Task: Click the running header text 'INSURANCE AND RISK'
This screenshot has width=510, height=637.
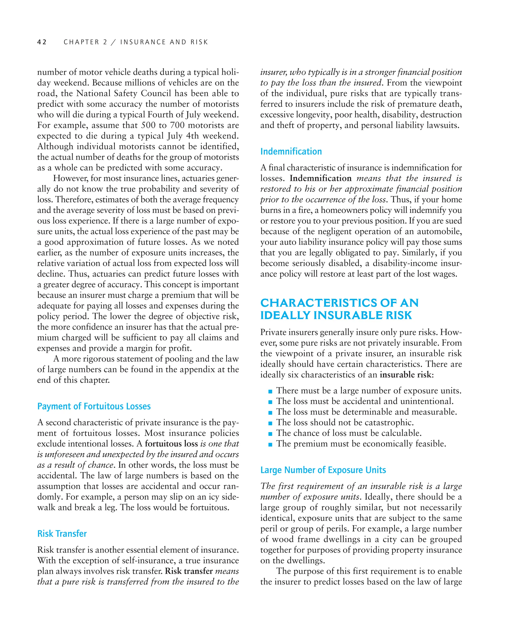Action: [164, 42]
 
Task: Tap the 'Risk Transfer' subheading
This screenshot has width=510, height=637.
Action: [62, 533]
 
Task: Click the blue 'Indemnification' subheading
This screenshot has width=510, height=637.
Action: [291, 151]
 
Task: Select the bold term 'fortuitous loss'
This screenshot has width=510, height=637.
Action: [171, 444]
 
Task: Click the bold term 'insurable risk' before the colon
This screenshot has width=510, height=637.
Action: [406, 375]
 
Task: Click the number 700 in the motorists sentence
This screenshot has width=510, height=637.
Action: [177, 125]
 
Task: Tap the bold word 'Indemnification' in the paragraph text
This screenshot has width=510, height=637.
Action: [320, 178]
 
